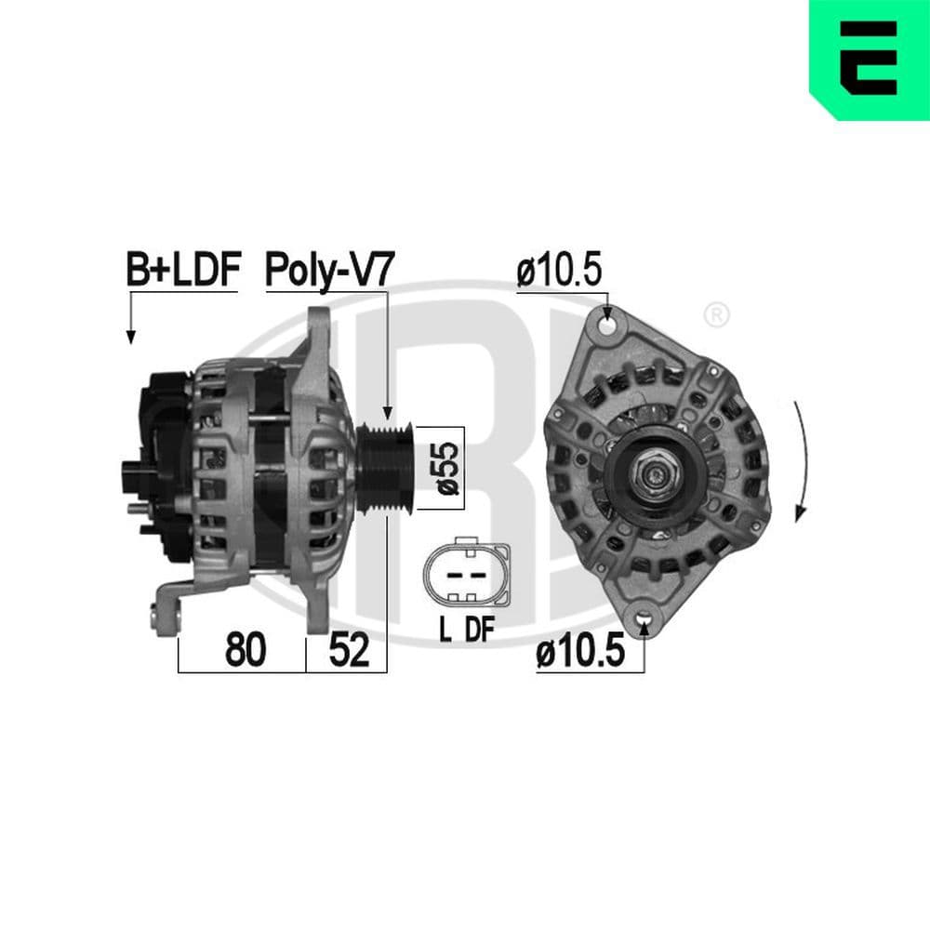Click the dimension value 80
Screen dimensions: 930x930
pyautogui.click(x=246, y=651)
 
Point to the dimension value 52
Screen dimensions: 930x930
pyautogui.click(x=348, y=651)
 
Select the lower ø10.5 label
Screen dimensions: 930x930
pyautogui.click(x=578, y=654)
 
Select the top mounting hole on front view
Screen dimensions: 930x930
pyautogui.click(x=608, y=327)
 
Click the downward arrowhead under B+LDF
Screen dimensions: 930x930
pyautogui.click(x=130, y=337)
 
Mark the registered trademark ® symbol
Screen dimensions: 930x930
pyautogui.click(x=716, y=314)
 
